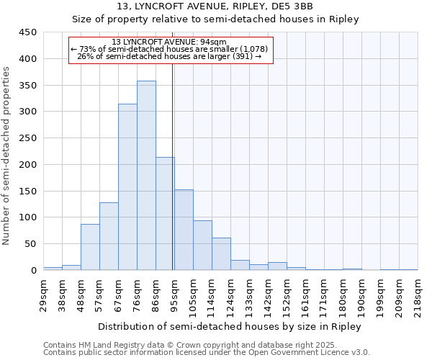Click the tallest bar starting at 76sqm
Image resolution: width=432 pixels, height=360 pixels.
[x=146, y=176]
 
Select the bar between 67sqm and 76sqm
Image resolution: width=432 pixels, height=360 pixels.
[x=127, y=187]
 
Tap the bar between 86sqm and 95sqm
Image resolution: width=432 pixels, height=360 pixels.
[x=165, y=214]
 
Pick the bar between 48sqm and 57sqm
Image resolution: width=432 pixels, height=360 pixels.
[x=90, y=247]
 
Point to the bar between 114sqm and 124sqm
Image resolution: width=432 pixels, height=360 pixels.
[x=221, y=254]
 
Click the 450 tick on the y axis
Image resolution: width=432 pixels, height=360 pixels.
[x=28, y=32]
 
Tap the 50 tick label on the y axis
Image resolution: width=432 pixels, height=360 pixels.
[x=31, y=244]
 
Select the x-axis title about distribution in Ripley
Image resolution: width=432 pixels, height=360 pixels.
[x=230, y=326]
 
